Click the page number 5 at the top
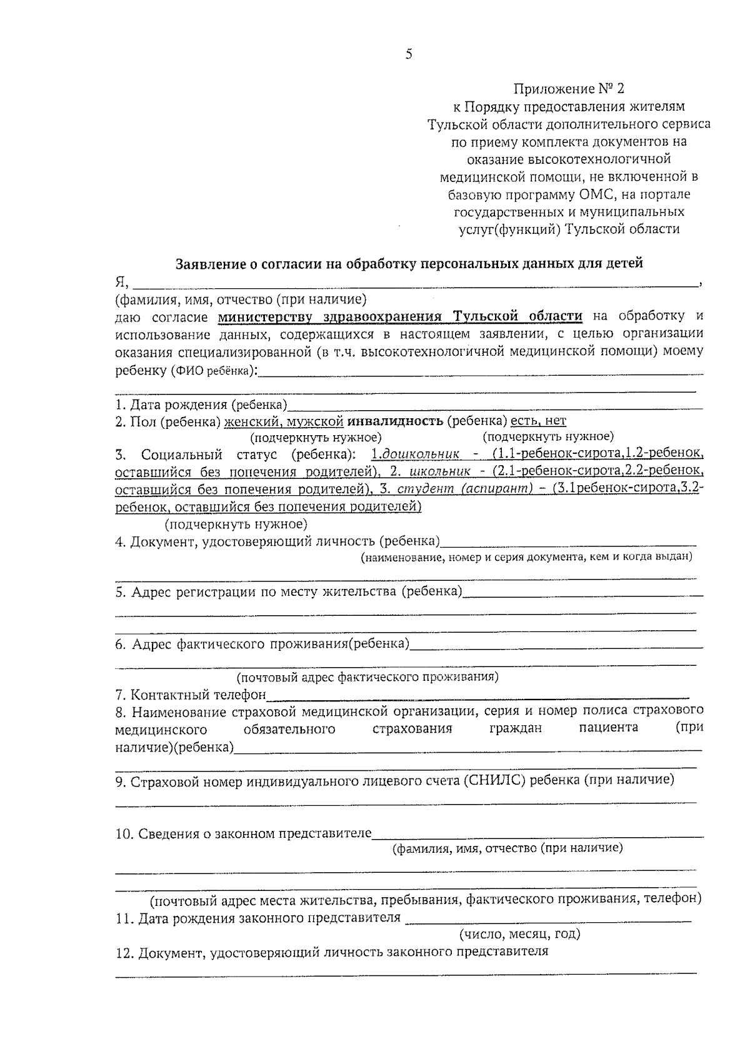[409, 54]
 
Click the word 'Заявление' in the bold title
[209, 264]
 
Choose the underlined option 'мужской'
[316, 421]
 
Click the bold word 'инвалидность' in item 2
[396, 421]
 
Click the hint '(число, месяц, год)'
[520, 934]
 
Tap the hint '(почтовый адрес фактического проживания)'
[367, 677]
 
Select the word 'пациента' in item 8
[608, 728]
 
